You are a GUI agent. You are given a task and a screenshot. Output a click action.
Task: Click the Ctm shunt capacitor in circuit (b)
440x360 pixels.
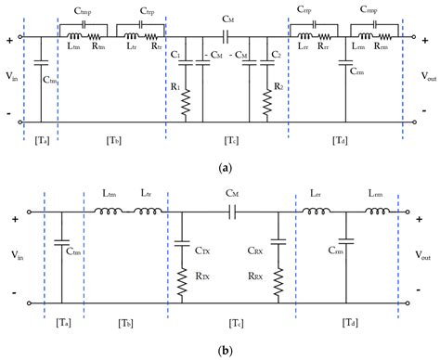(59, 246)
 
